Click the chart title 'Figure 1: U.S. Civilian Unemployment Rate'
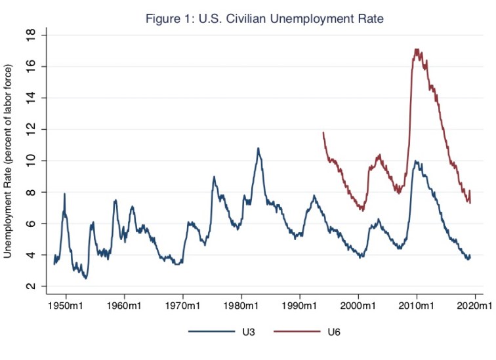pyautogui.click(x=264, y=19)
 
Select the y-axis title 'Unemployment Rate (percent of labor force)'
pyautogui.click(x=9, y=161)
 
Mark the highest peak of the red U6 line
pyautogui.click(x=416, y=49)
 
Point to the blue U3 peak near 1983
pyautogui.click(x=258, y=148)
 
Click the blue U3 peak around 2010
pyautogui.click(x=415, y=161)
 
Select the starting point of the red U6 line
pyautogui.click(x=323, y=132)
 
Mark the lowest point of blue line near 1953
pyautogui.click(x=86, y=279)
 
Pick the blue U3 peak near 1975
pyautogui.click(x=214, y=176)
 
